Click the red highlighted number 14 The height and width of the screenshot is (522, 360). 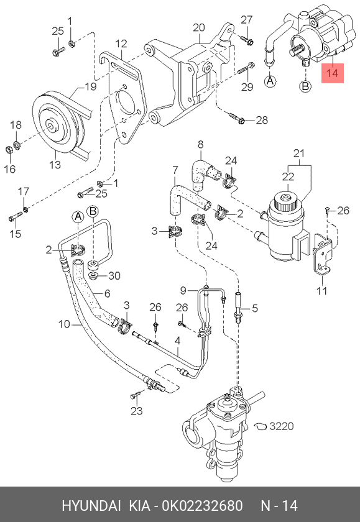333,73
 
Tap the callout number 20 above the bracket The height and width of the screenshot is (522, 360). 199,27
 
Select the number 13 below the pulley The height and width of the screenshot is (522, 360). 55,164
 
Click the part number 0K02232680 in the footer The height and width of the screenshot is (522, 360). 203,506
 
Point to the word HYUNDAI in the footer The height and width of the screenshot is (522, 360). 91,506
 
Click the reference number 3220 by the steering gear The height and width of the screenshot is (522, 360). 282,426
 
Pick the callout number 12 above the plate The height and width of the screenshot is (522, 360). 121,43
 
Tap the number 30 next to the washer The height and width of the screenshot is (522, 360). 114,276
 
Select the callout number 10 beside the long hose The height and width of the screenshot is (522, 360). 64,324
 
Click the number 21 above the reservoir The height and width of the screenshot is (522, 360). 299,153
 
